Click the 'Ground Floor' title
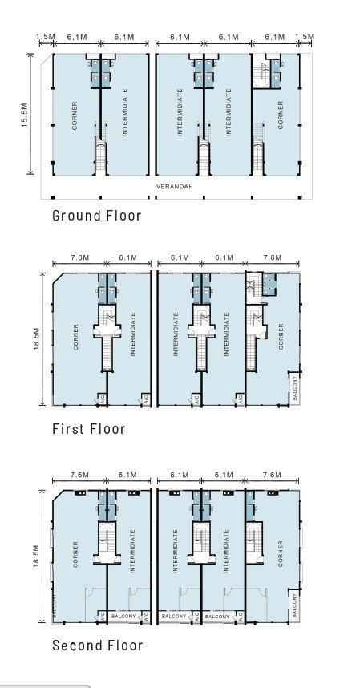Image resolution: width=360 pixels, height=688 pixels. [x=96, y=215]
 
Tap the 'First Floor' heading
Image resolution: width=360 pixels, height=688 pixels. [x=88, y=429]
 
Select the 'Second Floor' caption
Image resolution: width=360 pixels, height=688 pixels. [x=97, y=646]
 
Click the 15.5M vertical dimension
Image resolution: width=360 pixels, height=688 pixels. [x=25, y=115]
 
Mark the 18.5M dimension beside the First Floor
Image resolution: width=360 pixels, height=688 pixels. [x=36, y=338]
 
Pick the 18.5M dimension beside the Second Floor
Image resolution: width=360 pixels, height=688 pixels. [x=35, y=554]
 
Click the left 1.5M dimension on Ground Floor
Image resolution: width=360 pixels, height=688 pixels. [x=45, y=37]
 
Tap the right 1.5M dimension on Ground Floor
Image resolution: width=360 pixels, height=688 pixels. [x=304, y=37]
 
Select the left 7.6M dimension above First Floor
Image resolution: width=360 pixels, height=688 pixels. [x=79, y=257]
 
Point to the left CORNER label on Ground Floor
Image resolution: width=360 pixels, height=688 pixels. [x=75, y=116]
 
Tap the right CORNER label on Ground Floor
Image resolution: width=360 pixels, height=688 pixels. [x=281, y=116]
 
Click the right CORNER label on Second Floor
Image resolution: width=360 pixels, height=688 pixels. [x=280, y=553]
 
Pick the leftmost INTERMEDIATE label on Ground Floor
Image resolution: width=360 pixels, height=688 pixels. [x=124, y=116]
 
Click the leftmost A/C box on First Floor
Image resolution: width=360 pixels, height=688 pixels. [x=101, y=397]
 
